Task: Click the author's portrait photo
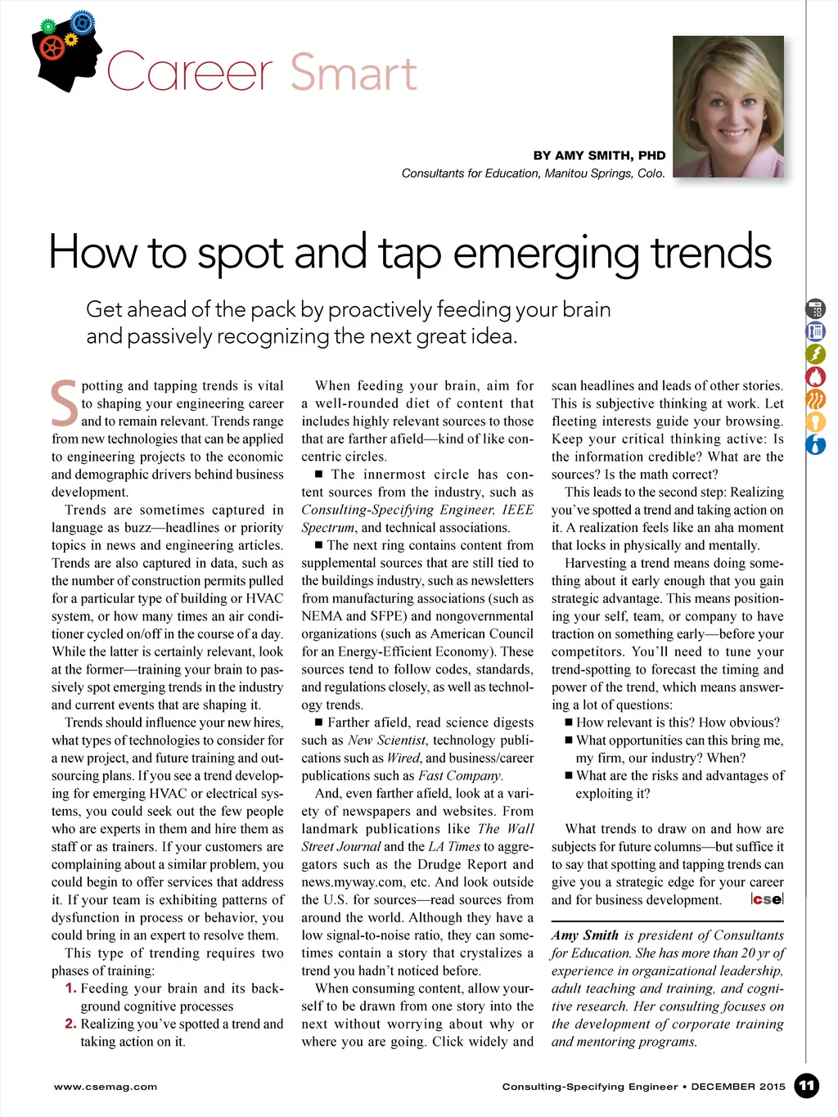(x=728, y=106)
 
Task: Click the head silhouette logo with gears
(x=66, y=51)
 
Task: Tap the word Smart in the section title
(x=354, y=73)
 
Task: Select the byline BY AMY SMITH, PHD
(x=599, y=155)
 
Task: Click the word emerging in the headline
(x=546, y=252)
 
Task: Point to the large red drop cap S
(x=65, y=403)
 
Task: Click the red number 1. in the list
(x=70, y=989)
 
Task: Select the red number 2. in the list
(x=70, y=1024)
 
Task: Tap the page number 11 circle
(x=806, y=1086)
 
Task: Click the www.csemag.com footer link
(x=106, y=1087)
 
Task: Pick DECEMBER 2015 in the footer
(x=738, y=1087)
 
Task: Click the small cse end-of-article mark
(x=767, y=899)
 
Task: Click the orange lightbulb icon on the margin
(x=816, y=422)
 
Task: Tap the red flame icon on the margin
(x=816, y=376)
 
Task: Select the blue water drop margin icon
(x=816, y=445)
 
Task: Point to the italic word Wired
(x=403, y=758)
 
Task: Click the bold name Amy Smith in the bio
(x=585, y=935)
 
